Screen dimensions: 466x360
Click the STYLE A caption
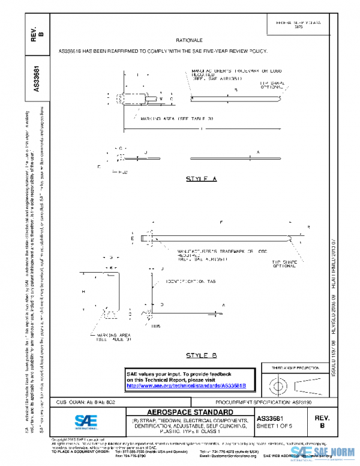[x=201, y=179]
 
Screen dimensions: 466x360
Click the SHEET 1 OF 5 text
[x=274, y=426]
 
